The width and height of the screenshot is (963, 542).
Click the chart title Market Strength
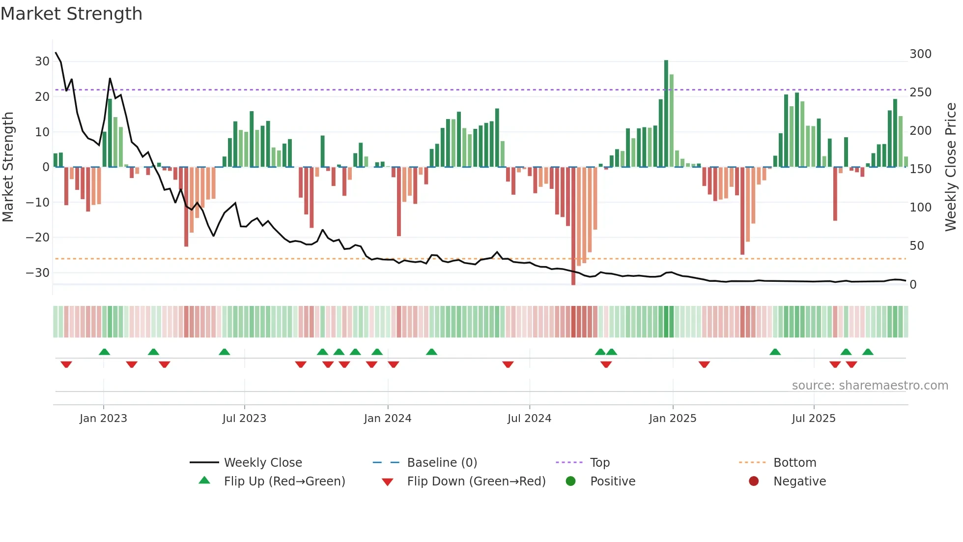(x=71, y=14)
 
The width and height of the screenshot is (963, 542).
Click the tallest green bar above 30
(x=666, y=113)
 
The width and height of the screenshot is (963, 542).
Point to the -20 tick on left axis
(x=37, y=238)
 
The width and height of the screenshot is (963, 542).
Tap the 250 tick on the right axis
(x=920, y=92)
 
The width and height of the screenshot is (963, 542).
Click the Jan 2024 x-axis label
(x=388, y=419)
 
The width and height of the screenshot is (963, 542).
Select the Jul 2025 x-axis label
(x=814, y=419)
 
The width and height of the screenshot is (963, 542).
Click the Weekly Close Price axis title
(x=951, y=167)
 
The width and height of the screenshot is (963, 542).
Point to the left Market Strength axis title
(x=8, y=167)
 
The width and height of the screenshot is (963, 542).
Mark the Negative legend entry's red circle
(x=754, y=482)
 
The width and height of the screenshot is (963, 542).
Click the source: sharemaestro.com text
(x=870, y=386)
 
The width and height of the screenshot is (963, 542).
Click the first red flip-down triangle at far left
(x=66, y=364)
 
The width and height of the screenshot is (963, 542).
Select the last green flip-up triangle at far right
(x=868, y=352)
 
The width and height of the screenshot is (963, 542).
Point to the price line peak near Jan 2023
(x=110, y=79)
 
